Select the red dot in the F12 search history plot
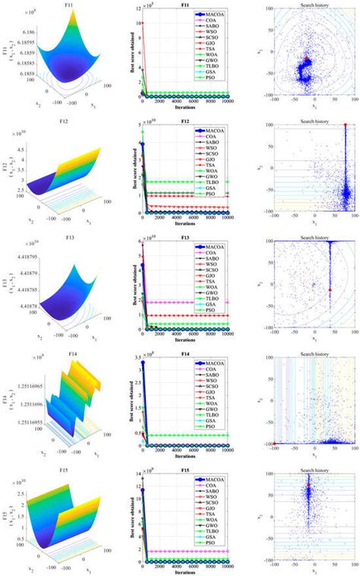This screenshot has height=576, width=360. pyautogui.click(x=345, y=125)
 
